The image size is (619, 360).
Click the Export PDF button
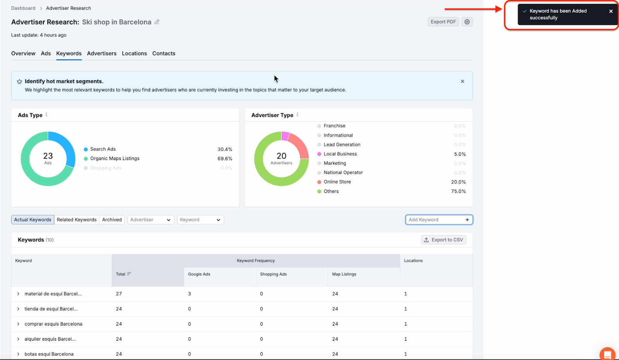tap(443, 22)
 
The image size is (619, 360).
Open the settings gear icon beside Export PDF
tap(467, 22)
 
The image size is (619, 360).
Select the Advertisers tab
tap(102, 53)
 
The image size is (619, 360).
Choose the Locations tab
tap(134, 53)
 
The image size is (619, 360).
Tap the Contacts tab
tap(164, 53)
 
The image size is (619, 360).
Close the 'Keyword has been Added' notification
tap(611, 11)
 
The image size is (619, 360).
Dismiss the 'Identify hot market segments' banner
tap(462, 81)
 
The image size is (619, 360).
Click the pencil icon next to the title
tap(157, 22)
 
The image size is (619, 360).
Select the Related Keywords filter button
tap(77, 220)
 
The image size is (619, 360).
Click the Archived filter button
tap(112, 220)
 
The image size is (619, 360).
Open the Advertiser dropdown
tap(150, 220)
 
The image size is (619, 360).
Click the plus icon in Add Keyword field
tap(467, 220)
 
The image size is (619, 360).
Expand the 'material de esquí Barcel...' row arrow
tap(18, 294)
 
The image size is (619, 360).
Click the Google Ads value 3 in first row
tap(190, 294)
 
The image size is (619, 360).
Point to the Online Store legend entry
tap(337, 182)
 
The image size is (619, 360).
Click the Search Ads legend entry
tap(103, 149)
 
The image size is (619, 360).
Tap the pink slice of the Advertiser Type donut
tap(286, 136)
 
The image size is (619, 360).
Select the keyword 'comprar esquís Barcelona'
tap(53, 324)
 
